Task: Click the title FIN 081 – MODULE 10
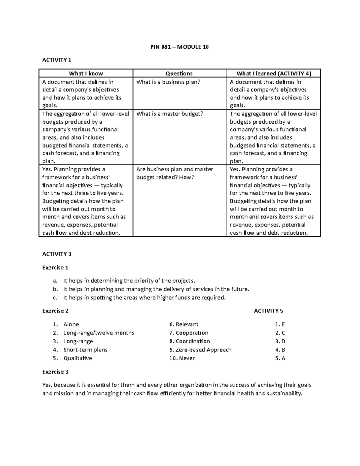[179, 47]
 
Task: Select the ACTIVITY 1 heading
[57, 60]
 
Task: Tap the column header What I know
[86, 74]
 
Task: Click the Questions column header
[179, 74]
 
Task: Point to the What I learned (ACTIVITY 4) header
[274, 74]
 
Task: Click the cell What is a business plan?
[168, 82]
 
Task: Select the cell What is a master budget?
[170, 114]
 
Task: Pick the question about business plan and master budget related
[175, 173]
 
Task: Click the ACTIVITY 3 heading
[57, 254]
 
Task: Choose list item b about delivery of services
[156, 289]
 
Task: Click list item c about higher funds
[144, 298]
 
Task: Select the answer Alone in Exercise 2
[71, 324]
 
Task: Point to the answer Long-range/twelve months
[99, 333]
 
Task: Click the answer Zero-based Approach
[203, 350]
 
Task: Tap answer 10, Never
[187, 358]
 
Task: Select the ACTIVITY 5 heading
[268, 311]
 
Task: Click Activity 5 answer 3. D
[280, 341]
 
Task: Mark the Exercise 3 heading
[55, 372]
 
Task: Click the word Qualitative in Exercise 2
[78, 358]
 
